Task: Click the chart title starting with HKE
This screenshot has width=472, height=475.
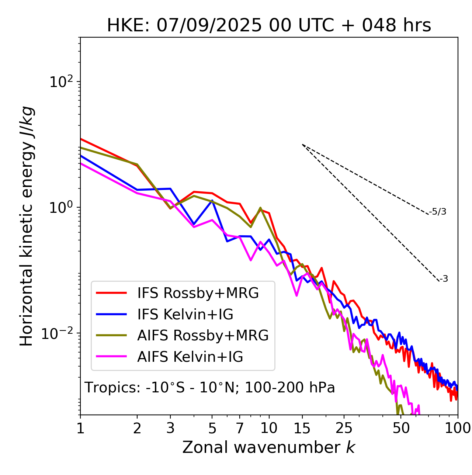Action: [x=269, y=26]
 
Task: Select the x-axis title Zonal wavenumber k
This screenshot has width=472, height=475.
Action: [x=269, y=447]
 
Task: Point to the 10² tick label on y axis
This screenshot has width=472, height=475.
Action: [x=62, y=82]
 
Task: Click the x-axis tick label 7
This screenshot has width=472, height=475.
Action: [x=240, y=428]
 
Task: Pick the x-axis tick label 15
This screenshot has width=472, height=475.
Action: [x=302, y=428]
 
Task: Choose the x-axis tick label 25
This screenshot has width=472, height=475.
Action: [x=344, y=428]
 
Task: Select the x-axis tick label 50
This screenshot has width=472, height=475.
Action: [x=401, y=428]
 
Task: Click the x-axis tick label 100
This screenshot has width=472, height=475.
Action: [x=458, y=428]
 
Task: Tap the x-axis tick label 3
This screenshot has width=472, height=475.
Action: [x=170, y=428]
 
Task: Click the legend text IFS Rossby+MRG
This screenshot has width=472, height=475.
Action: [x=198, y=293]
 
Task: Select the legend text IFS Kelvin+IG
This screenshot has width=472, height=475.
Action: [x=185, y=314]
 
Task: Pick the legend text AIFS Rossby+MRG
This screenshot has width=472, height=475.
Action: [x=203, y=336]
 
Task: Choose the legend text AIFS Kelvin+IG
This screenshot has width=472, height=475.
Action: [x=190, y=357]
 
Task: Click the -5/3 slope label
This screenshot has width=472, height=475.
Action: [x=438, y=212]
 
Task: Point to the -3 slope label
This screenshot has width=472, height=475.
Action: [x=444, y=279]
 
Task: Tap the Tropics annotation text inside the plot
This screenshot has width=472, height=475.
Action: [x=210, y=388]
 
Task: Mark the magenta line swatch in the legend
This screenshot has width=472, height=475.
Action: [x=111, y=357]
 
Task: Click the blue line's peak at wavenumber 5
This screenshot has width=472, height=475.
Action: [x=212, y=200]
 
